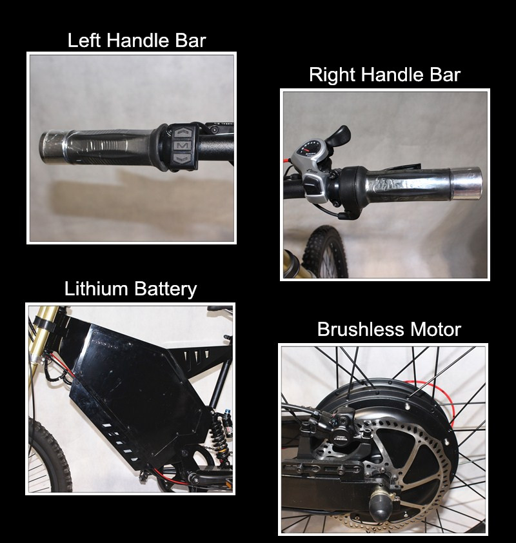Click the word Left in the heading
point(84,40)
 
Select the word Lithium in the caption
point(96,288)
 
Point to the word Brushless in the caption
point(361,329)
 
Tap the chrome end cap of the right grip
point(466,184)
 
